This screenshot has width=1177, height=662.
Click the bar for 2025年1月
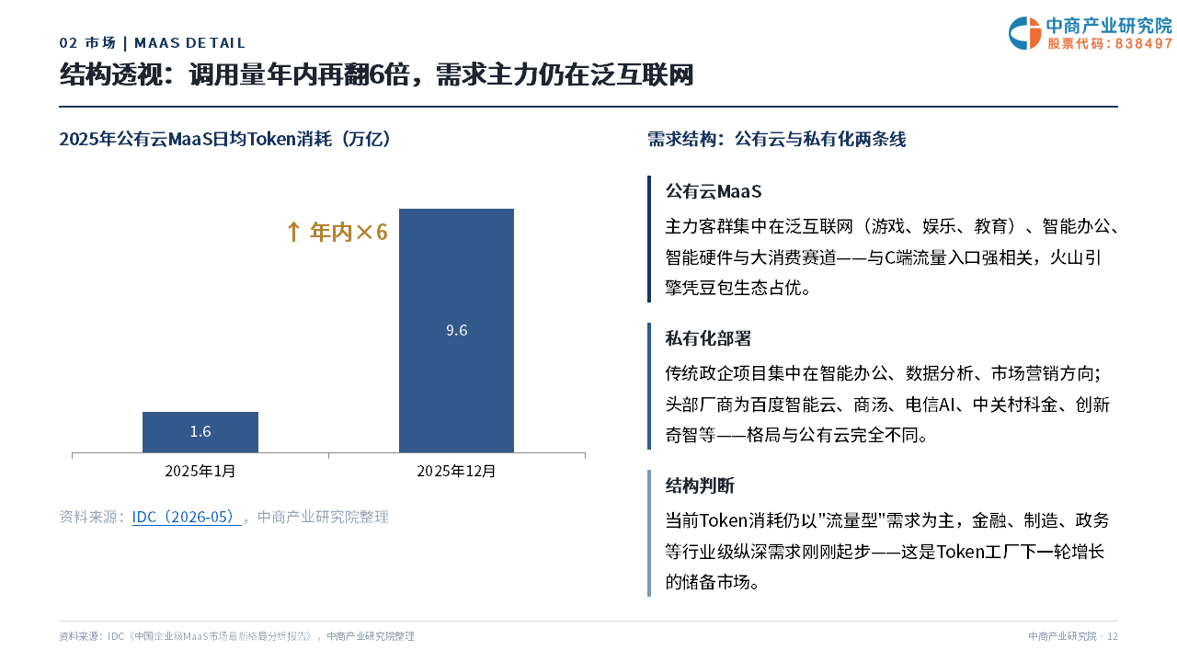[200, 432]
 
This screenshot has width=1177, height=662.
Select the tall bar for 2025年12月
[456, 330]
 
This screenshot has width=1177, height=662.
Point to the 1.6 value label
[200, 431]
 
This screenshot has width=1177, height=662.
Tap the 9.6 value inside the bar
[457, 330]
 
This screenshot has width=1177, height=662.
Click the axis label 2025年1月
[200, 471]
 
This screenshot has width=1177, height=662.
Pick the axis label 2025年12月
[456, 471]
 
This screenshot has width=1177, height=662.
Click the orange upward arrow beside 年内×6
[293, 232]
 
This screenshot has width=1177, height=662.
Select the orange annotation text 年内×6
[349, 232]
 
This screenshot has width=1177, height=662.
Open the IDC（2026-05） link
[187, 517]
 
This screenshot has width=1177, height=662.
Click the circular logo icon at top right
[1024, 33]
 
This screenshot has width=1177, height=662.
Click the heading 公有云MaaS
[714, 191]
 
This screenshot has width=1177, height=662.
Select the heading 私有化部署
[708, 338]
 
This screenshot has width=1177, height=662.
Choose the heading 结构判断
[700, 485]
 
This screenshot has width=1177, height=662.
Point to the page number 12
[1113, 636]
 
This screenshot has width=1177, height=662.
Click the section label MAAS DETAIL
[189, 43]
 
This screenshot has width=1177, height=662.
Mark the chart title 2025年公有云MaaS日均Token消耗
[196, 139]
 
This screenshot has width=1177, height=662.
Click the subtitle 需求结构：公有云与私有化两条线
[777, 139]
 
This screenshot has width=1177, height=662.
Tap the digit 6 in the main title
[377, 74]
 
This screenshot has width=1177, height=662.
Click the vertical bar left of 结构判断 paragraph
[649, 532]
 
